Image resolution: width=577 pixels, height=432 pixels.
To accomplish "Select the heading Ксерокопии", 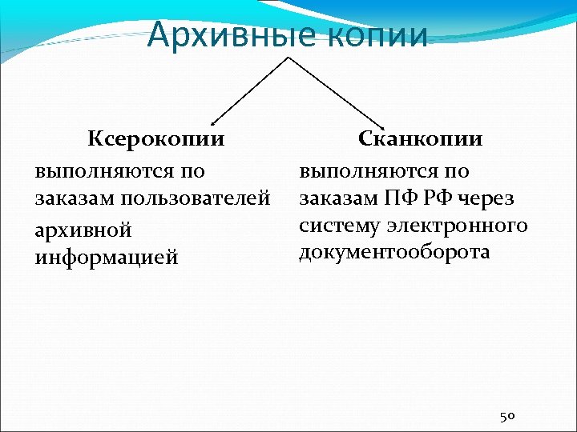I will tap(155, 139).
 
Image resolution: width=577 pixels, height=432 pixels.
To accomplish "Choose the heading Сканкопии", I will tap(420, 139).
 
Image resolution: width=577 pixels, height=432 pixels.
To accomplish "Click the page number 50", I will tap(506, 416).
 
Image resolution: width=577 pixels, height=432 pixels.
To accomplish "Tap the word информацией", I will tap(106, 258).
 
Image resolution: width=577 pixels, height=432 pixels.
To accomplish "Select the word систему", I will tap(337, 226).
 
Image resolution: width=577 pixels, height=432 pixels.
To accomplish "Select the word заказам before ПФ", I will tap(337, 198).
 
